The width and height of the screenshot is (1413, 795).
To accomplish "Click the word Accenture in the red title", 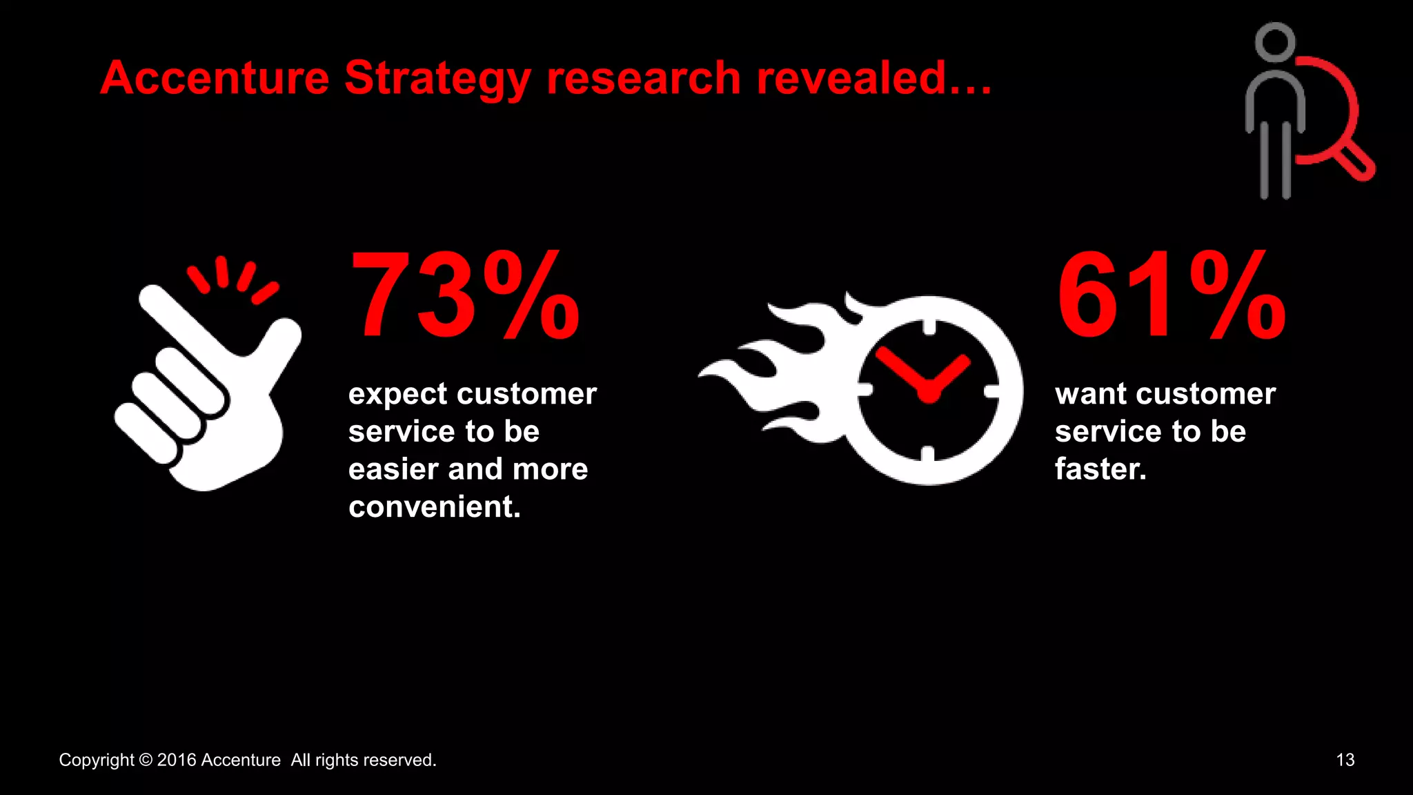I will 215,77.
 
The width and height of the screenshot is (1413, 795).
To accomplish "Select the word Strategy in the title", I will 437,79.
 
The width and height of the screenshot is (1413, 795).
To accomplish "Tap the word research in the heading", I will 643,77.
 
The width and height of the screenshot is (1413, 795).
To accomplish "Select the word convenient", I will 434,507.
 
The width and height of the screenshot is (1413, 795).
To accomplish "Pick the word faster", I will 1100,469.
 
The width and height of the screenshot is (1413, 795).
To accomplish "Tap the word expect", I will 398,395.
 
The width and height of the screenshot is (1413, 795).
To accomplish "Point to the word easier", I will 393,469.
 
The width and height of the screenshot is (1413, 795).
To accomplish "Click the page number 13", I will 1345,760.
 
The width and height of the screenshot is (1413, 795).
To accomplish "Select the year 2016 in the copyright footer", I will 177,760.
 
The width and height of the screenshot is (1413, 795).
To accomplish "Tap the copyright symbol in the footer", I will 146,760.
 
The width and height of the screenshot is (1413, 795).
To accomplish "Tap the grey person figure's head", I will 1274,42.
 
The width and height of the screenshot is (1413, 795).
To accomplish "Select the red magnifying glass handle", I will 1354,161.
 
